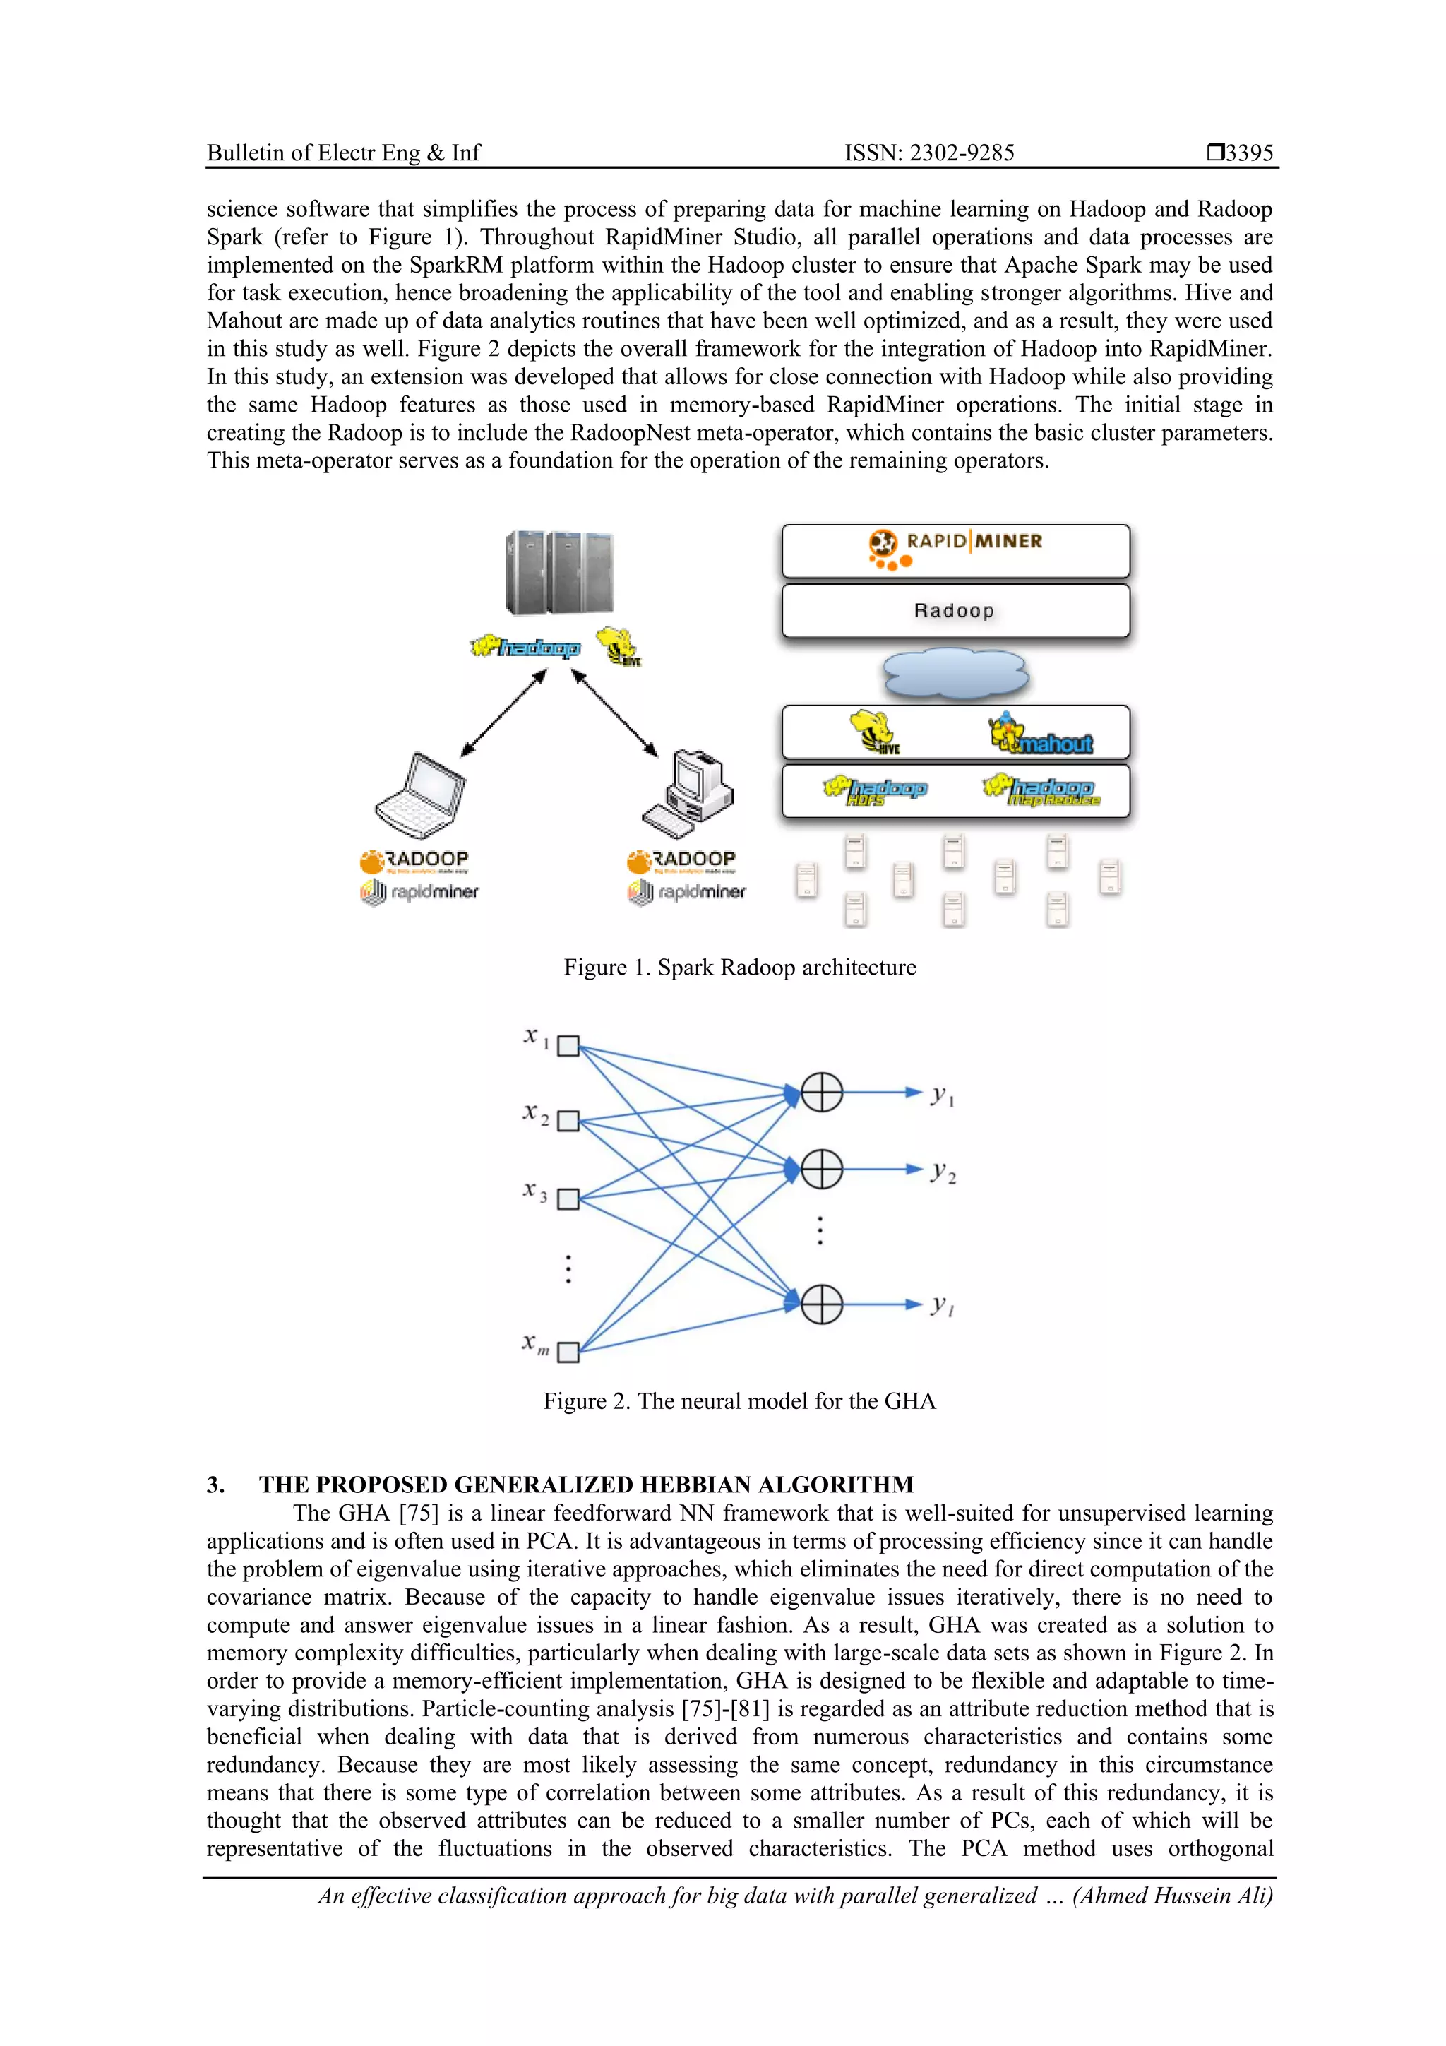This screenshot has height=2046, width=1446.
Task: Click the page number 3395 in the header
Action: pyautogui.click(x=1248, y=153)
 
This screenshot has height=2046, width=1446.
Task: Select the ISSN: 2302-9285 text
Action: pyautogui.click(x=929, y=153)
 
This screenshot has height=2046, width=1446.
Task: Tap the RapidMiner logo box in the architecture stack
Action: pyautogui.click(x=955, y=551)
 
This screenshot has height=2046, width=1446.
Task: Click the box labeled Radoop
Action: pyautogui.click(x=955, y=610)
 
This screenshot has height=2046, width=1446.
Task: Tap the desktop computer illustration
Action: pyautogui.click(x=687, y=793)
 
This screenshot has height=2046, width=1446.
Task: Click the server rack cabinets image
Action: pyautogui.click(x=559, y=573)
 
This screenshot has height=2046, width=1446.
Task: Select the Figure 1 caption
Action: pyautogui.click(x=739, y=968)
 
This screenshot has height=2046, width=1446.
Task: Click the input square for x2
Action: pyautogui.click(x=568, y=1121)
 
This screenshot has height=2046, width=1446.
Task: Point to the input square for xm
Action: pyautogui.click(x=568, y=1352)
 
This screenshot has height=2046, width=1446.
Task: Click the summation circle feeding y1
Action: pyautogui.click(x=821, y=1092)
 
